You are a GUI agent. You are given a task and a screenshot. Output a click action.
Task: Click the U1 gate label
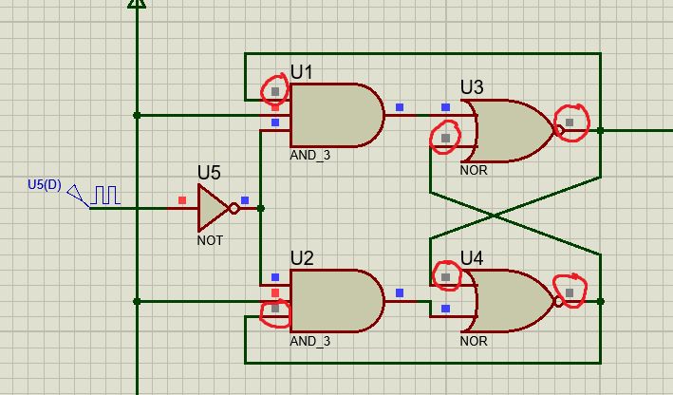[302, 72]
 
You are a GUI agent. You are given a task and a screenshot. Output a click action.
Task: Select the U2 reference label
[302, 258]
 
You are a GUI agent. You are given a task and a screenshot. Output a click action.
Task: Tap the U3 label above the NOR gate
[472, 87]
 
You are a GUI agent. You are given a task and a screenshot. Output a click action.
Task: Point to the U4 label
[472, 258]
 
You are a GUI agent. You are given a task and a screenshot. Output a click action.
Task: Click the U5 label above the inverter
[209, 172]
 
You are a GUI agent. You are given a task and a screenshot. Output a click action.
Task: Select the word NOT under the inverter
[210, 240]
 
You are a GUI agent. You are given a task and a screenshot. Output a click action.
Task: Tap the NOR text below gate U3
[474, 171]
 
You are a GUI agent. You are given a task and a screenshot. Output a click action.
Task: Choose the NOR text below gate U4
[474, 341]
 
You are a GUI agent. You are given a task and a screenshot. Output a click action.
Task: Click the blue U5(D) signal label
[44, 185]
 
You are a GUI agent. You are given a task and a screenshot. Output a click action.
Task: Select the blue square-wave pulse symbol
[104, 196]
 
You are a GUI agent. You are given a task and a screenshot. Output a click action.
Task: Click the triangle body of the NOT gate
[211, 208]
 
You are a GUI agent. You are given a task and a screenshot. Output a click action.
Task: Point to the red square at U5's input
[182, 200]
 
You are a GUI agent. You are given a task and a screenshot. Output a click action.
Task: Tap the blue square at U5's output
[245, 200]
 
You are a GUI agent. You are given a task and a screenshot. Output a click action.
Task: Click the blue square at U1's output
[400, 107]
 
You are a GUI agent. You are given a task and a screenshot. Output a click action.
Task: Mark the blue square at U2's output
[400, 293]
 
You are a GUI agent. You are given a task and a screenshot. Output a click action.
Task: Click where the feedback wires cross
[494, 216]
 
